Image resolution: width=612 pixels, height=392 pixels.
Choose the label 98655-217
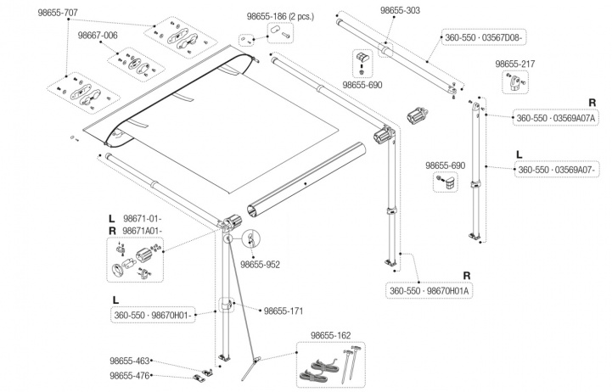516,64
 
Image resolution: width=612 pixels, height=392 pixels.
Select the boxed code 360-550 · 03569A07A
556,119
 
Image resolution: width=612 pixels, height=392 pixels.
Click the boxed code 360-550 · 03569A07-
556,171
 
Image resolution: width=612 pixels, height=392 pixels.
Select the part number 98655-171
283,311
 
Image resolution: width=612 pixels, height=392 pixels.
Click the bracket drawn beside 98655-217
515,83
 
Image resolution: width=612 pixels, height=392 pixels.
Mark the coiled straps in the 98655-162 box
317,369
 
